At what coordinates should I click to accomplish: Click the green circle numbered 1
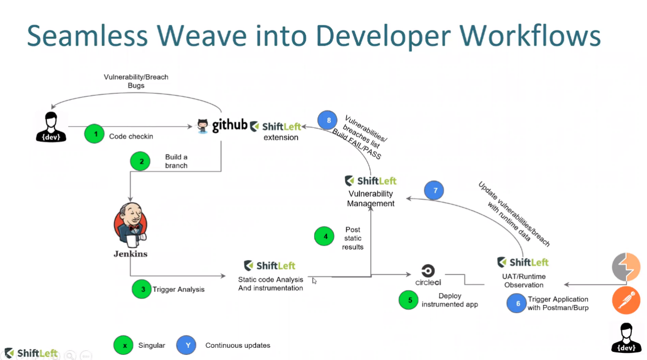[94, 134]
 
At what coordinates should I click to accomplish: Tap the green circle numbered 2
[140, 161]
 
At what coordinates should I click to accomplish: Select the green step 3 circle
[142, 289]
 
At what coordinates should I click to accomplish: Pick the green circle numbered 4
[324, 236]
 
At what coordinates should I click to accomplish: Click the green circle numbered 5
[408, 300]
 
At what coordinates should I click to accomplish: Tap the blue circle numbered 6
[516, 303]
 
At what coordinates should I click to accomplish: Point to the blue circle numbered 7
[434, 190]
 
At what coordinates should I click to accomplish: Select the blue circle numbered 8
[327, 120]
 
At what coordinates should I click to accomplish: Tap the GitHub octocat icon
[202, 126]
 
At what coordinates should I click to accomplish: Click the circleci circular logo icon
[428, 271]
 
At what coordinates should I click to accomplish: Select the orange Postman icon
[626, 300]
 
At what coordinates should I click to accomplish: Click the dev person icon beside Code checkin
[51, 127]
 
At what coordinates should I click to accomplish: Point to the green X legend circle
[123, 345]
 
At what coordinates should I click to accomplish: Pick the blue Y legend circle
[186, 345]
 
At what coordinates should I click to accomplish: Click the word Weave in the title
[201, 36]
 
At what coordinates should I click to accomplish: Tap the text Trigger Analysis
[178, 289]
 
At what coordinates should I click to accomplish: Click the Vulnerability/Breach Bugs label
[136, 81]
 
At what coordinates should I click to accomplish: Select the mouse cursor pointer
[314, 281]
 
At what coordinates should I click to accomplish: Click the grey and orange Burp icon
[626, 267]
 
